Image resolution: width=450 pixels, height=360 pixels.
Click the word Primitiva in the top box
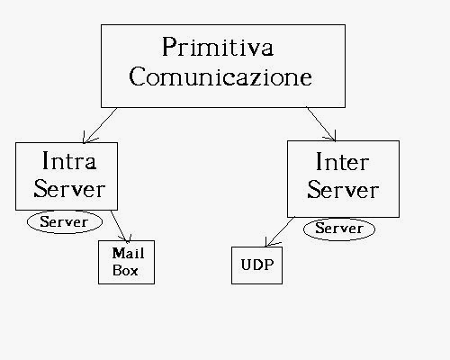click(218, 47)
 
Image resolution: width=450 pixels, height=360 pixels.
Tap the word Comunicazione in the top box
click(220, 76)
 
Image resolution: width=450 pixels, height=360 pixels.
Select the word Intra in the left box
click(69, 160)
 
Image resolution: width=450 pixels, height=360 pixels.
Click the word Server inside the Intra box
click(69, 189)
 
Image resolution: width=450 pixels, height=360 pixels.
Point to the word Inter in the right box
click(342, 162)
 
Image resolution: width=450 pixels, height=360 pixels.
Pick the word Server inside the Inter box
click(343, 190)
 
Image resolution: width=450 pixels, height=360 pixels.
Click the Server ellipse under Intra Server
click(65, 222)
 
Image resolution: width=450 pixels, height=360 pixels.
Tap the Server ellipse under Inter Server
click(339, 229)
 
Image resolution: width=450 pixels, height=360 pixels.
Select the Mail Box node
click(127, 262)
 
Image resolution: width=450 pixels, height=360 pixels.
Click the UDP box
click(256, 265)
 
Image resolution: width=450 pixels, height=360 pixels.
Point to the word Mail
click(128, 253)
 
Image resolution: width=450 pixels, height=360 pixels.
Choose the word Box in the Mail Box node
click(125, 271)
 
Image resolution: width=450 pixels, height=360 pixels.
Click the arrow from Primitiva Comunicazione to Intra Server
click(100, 125)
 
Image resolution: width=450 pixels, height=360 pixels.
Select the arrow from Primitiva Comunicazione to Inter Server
click(320, 123)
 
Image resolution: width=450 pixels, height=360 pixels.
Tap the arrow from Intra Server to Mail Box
click(120, 227)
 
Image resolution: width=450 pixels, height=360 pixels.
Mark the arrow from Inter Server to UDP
click(280, 231)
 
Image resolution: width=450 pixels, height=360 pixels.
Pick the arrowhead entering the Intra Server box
click(87, 139)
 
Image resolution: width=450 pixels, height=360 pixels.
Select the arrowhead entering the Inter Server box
click(331, 137)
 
